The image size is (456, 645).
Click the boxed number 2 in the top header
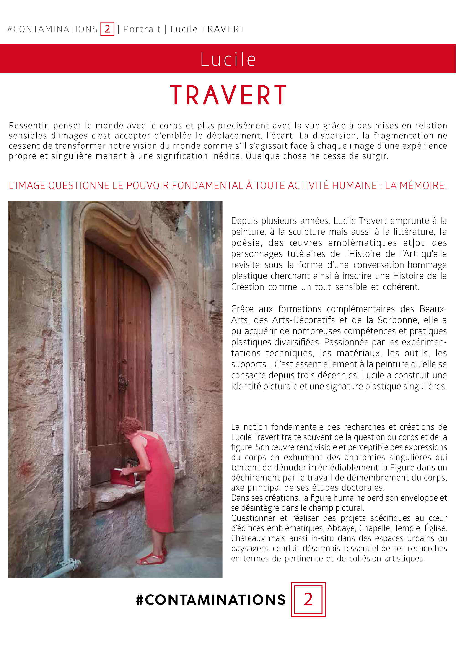click(x=107, y=29)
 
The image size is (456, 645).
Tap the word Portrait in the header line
click(x=142, y=29)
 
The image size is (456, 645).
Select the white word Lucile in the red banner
click(x=228, y=59)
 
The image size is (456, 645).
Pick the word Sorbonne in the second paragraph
click(x=396, y=320)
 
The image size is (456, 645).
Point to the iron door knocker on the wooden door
click(x=123, y=382)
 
